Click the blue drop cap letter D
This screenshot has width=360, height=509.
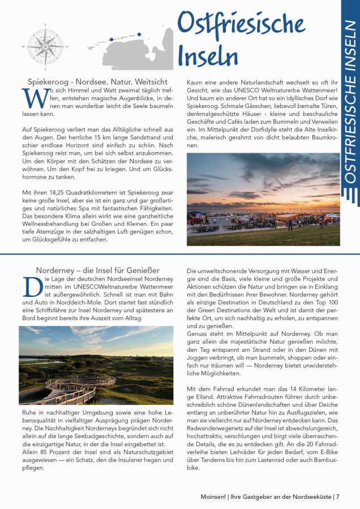coord(32,287)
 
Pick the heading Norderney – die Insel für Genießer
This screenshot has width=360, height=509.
coord(97,270)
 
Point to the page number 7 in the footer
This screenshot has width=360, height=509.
coord(337,497)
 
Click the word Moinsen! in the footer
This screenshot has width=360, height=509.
coord(214,497)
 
